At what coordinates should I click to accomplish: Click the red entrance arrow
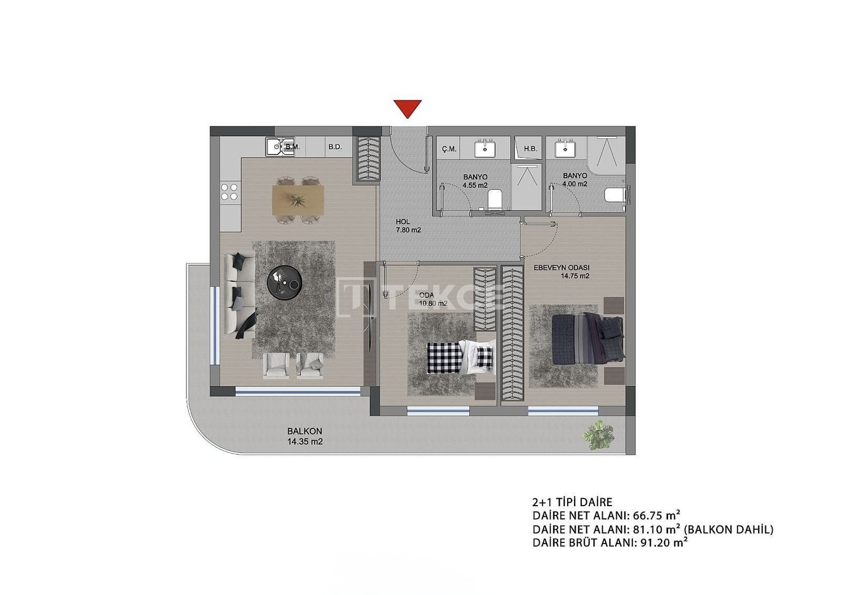408,108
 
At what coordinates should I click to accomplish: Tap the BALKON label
304,431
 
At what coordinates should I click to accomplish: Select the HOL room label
402,222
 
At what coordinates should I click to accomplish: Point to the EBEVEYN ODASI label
561,268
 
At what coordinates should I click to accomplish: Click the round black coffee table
284,282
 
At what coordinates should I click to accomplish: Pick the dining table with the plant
298,200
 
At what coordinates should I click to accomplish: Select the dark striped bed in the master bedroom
588,339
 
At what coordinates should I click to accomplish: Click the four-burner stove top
230,192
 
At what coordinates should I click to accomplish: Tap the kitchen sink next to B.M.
274,147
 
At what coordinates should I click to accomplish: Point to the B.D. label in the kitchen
335,147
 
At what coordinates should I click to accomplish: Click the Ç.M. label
449,149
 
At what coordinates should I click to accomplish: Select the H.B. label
530,148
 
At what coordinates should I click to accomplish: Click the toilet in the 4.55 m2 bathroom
495,199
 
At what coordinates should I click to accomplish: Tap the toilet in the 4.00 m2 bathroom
614,195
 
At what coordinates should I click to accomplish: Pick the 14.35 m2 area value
305,442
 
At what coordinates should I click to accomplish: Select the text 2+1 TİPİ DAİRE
572,502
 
